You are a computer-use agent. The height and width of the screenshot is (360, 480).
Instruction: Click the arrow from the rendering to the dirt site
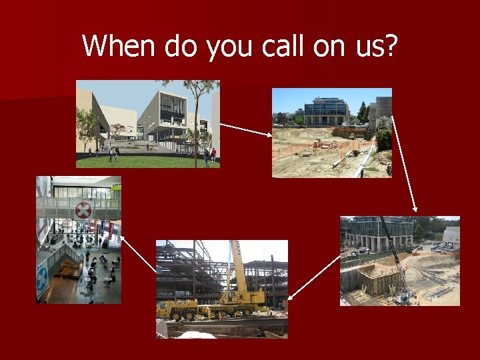tap(245, 129)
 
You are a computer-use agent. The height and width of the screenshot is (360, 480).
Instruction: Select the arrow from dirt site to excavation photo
tap(404, 164)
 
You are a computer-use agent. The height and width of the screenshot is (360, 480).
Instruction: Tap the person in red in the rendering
tap(213, 155)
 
